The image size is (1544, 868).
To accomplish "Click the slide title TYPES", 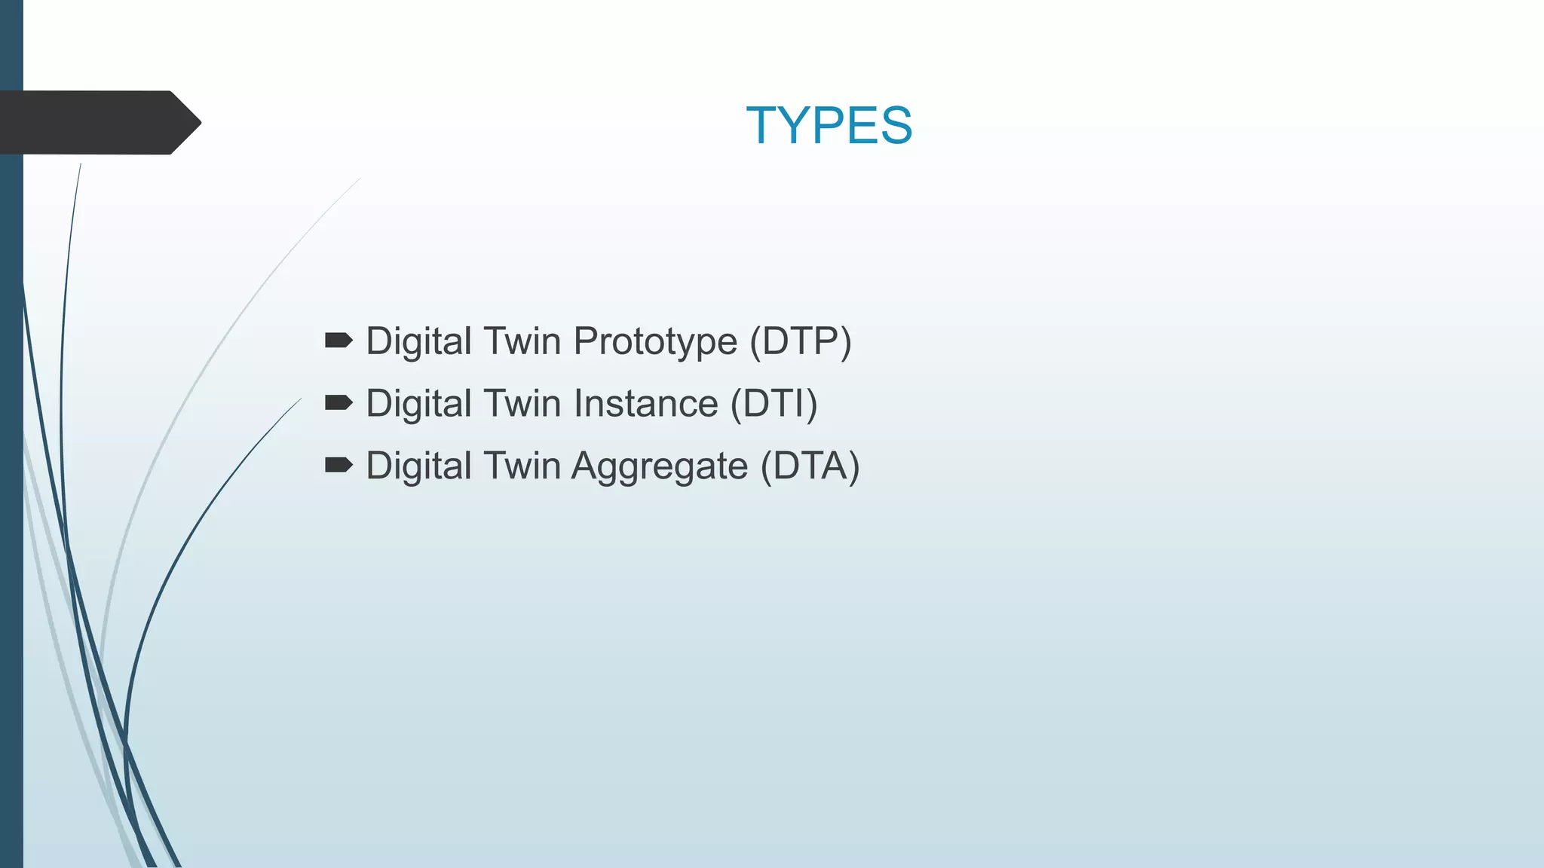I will tap(829, 125).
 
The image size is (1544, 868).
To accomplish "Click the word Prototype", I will tap(654, 341).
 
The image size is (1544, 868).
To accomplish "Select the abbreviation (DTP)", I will tap(800, 341).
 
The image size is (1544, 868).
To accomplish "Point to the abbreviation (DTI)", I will tap(774, 404).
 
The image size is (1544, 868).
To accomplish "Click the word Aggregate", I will tap(659, 466).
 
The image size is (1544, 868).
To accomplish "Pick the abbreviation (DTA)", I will tap(810, 466).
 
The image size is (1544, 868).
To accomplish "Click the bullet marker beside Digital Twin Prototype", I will tap(339, 341).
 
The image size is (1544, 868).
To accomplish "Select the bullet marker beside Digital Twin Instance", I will tap(339, 403).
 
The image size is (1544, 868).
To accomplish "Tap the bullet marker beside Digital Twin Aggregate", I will tap(339, 465).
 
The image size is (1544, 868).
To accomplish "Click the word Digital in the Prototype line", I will tap(418, 341).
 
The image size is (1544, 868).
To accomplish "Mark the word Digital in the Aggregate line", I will tap(418, 466).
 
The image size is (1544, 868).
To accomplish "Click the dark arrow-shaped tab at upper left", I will tap(90, 123).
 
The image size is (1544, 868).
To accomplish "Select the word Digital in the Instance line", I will tap(418, 404).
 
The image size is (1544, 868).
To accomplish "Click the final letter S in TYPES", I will tap(896, 125).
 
